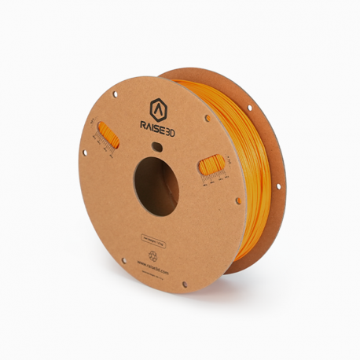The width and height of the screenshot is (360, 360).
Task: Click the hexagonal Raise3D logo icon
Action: tap(157, 108)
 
